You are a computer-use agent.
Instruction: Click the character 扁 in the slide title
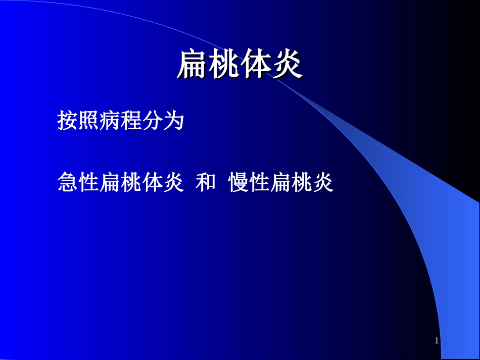(193, 65)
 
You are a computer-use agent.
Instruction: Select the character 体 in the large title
(255, 65)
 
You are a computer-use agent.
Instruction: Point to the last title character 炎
(286, 65)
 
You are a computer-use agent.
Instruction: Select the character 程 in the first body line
(130, 122)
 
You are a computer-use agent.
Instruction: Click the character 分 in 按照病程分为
(151, 122)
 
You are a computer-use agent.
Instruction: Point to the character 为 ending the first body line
(172, 122)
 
